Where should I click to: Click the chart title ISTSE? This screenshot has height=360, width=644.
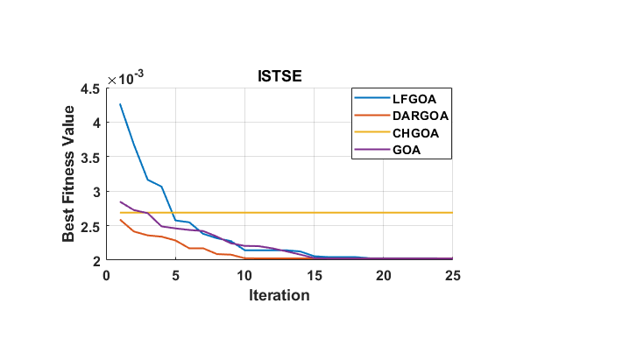(x=279, y=77)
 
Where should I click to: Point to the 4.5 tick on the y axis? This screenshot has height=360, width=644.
(x=89, y=88)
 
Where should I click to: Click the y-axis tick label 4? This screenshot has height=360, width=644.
(x=96, y=122)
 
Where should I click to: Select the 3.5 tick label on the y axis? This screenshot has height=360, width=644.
(x=89, y=157)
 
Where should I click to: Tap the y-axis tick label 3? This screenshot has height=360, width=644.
(x=96, y=191)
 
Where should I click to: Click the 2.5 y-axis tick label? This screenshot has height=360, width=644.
(x=89, y=226)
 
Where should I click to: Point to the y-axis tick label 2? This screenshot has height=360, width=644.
(x=96, y=260)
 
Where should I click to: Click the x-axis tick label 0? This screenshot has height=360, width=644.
(x=106, y=274)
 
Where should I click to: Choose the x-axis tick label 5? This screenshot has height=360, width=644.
(x=175, y=274)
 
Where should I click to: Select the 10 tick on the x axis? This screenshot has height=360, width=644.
(x=244, y=274)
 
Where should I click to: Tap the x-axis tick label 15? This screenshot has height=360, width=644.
(x=314, y=274)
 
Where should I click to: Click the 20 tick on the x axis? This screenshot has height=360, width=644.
(x=383, y=274)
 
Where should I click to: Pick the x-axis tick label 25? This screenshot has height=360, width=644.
(x=452, y=274)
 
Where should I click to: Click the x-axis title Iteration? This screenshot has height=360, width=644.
(x=279, y=295)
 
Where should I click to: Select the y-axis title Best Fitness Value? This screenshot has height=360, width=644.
(x=69, y=174)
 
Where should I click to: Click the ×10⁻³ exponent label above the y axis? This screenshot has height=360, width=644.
(x=125, y=79)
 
